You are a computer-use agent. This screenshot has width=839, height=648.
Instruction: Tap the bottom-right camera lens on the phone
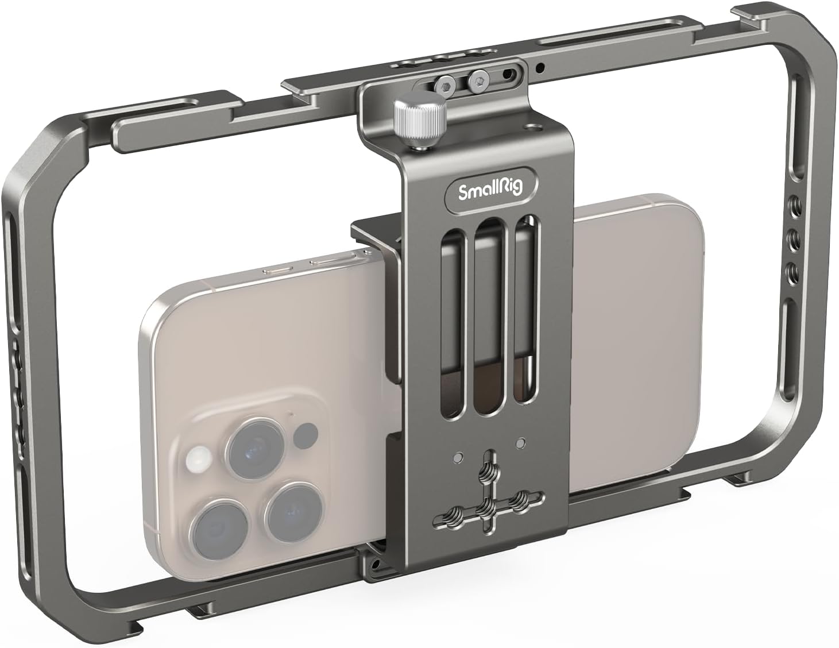[x=291, y=510]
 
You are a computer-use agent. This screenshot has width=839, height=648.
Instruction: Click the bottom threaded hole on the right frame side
[x=791, y=270]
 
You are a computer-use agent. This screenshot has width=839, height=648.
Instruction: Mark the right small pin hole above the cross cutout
[x=521, y=443]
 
